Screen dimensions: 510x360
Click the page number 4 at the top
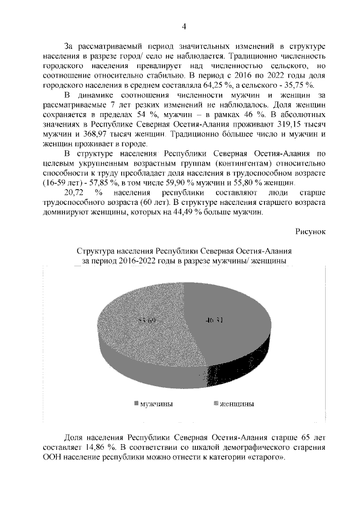(183, 27)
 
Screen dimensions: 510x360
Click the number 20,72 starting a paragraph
(75, 193)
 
